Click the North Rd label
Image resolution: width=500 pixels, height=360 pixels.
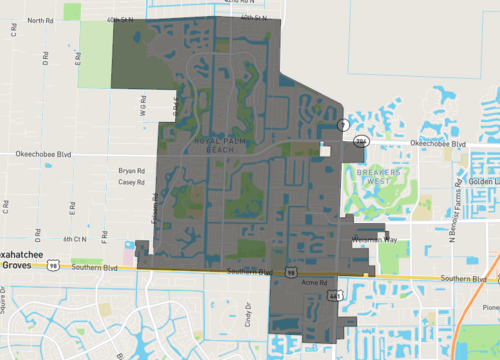(x=40, y=20)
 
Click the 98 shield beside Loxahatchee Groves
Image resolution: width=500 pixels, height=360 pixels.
(x=63, y=264)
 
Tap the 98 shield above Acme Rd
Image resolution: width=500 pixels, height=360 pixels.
(x=291, y=271)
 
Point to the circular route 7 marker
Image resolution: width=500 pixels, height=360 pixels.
(x=342, y=125)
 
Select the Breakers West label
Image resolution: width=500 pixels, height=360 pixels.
(x=371, y=178)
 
